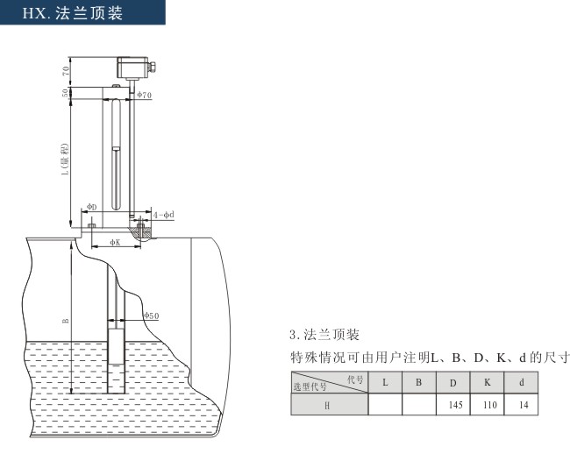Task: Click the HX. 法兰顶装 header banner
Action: click(82, 12)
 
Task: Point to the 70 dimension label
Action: click(66, 70)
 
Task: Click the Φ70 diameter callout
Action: click(145, 95)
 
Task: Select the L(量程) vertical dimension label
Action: click(65, 160)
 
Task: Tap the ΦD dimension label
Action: click(92, 207)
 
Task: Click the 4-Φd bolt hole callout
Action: click(164, 215)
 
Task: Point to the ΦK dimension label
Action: click(115, 242)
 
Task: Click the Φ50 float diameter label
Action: click(151, 316)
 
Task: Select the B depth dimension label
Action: click(66, 321)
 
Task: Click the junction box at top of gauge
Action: click(134, 67)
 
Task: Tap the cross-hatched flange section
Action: click(140, 232)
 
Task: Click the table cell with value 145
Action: click(453, 404)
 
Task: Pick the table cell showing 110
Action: click(487, 404)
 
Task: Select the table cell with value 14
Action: click(521, 404)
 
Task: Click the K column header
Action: click(487, 382)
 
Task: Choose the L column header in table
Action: click(385, 382)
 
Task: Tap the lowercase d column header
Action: click(521, 382)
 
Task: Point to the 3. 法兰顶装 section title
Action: click(324, 334)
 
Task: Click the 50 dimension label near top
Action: click(65, 93)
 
